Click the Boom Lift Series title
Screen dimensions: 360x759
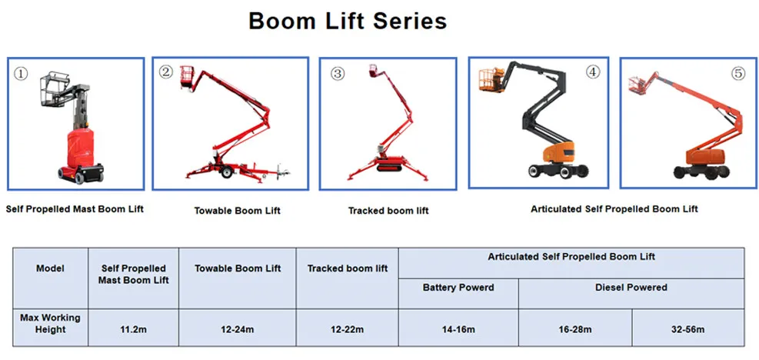pyautogui.click(x=348, y=21)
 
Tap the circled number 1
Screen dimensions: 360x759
pyautogui.click(x=22, y=74)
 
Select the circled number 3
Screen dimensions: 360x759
pyautogui.click(x=337, y=74)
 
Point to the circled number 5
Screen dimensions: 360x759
pyautogui.click(x=737, y=74)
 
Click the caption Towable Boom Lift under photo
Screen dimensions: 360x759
pyautogui.click(x=237, y=210)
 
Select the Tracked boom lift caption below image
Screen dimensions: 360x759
pyautogui.click(x=388, y=210)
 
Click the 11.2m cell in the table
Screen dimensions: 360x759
pyautogui.click(x=134, y=328)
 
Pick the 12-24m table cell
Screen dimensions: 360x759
pyautogui.click(x=236, y=328)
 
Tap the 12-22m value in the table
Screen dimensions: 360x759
pyautogui.click(x=347, y=328)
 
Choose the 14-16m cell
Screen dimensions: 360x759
pyautogui.click(x=458, y=328)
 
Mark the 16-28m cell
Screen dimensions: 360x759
pyautogui.click(x=574, y=328)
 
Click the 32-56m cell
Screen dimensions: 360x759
pyautogui.click(x=687, y=328)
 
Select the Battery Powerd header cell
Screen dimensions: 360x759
pyautogui.click(x=458, y=288)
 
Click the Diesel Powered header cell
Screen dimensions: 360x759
pyautogui.click(x=631, y=288)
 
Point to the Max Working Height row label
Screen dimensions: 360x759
pyautogui.click(x=51, y=323)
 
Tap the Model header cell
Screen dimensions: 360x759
pyautogui.click(x=51, y=268)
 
